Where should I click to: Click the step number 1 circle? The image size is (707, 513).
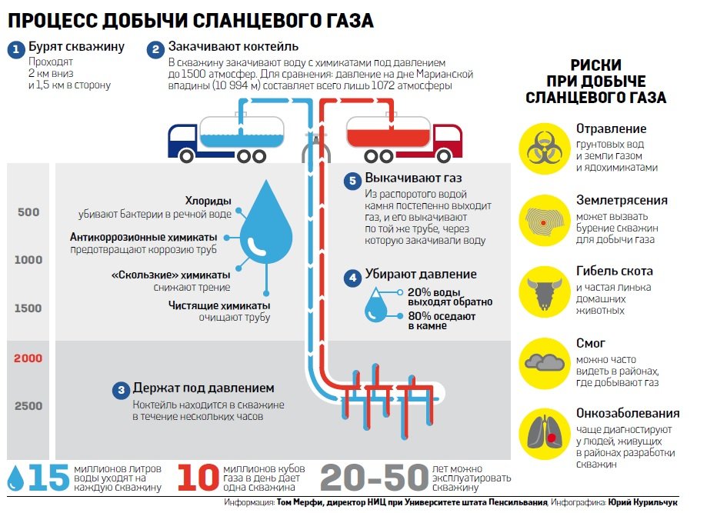coord(16,51)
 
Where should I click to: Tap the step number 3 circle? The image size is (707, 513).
coord(121,390)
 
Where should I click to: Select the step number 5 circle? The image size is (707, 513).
coord(352,181)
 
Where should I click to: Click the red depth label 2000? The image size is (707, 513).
coord(28,358)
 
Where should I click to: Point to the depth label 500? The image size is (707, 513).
coord(28,212)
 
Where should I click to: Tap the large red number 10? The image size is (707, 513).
coord(199,477)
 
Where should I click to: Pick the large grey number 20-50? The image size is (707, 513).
coord(372,477)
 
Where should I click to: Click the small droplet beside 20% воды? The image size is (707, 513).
coord(377,305)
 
